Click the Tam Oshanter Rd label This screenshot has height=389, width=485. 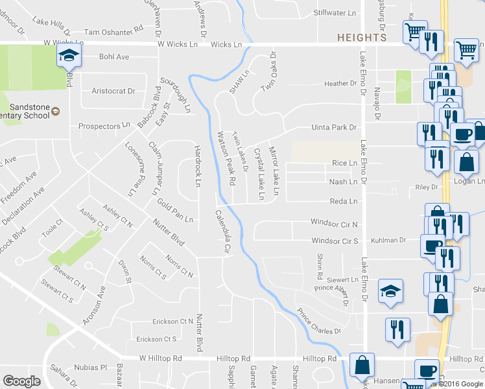[x=113, y=30]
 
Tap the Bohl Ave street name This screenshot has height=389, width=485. [x=114, y=57]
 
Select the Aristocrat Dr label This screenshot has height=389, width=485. [x=113, y=91]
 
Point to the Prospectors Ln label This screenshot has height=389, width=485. [x=104, y=126]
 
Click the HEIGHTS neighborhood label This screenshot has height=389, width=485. [x=362, y=38]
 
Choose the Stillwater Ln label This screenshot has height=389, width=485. [x=335, y=13]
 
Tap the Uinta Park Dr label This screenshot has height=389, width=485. [x=334, y=128]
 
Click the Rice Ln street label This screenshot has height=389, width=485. [x=344, y=163]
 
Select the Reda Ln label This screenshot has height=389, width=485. [x=344, y=202]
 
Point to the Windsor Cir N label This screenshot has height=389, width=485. [x=335, y=224]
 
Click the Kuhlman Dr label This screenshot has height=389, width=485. [x=388, y=241]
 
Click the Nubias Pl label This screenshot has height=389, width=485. [x=90, y=367]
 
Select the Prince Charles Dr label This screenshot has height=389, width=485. [x=319, y=322]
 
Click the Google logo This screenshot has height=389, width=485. [x=22, y=382]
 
